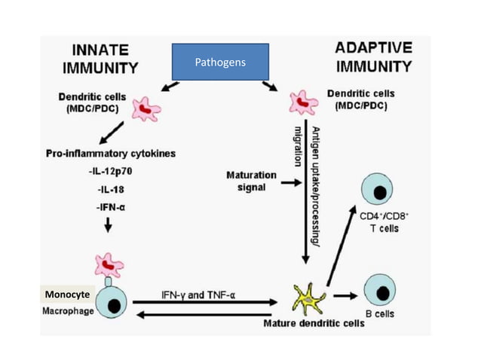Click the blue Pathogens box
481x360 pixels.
(x=219, y=62)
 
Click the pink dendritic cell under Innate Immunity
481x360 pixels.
(x=146, y=110)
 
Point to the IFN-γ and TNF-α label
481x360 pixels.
(x=198, y=293)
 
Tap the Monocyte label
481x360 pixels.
(x=67, y=294)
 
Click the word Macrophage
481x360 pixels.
(x=67, y=311)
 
